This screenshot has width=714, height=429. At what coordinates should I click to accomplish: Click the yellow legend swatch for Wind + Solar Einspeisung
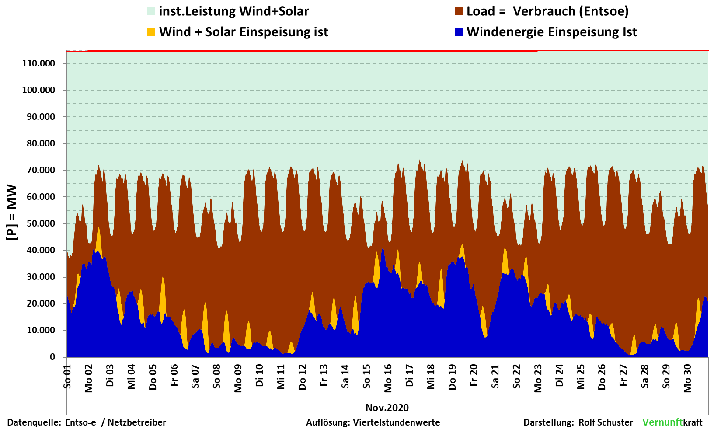tap(151, 32)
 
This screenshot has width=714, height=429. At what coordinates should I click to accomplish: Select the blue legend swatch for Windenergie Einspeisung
tap(459, 32)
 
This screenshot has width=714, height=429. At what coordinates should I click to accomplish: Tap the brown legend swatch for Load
tap(459, 11)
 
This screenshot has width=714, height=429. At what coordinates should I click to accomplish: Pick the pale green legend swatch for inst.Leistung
tap(151, 11)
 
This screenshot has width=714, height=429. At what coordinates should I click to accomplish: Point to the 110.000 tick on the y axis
tap(38, 63)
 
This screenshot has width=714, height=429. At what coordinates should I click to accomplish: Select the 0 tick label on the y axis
tap(52, 357)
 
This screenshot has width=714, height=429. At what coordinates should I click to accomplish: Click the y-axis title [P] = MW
tap(12, 212)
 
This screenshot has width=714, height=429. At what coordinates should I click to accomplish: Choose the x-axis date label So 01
tap(67, 377)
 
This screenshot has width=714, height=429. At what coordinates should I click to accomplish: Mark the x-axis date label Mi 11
tap(281, 377)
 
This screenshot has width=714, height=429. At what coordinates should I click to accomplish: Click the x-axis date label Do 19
tap(453, 377)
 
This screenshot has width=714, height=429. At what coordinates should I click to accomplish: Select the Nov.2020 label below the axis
tap(387, 408)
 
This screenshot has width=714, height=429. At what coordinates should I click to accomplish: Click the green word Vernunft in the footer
tap(662, 422)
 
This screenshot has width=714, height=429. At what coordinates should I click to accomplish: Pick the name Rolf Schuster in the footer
tap(606, 422)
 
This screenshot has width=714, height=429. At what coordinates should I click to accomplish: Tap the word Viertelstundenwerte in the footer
tap(397, 422)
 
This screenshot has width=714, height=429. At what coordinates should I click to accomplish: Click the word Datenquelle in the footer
tap(34, 422)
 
